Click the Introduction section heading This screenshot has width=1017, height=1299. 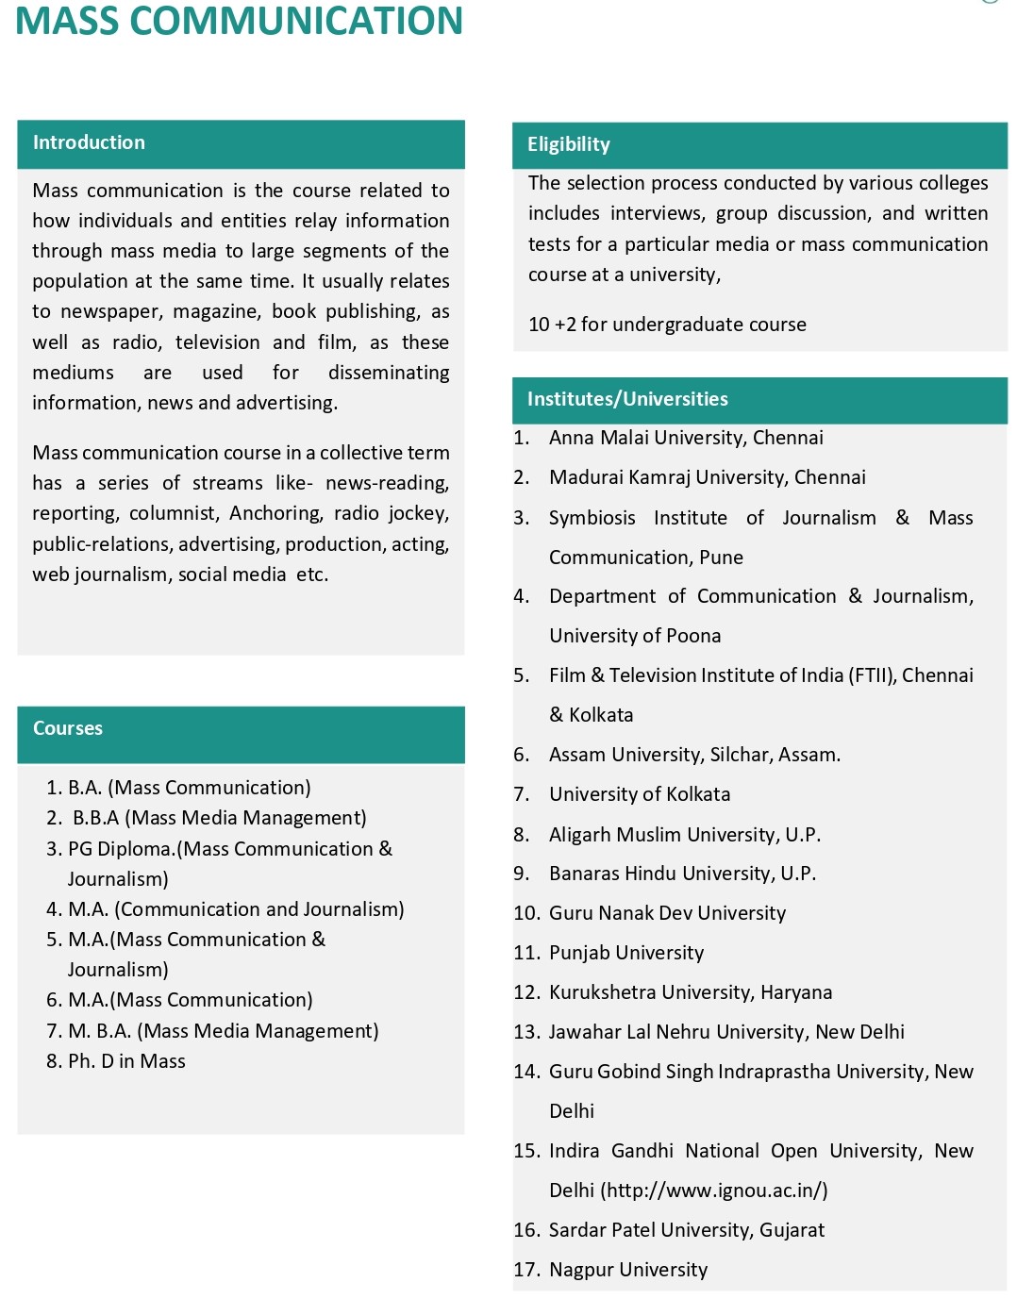[x=89, y=142]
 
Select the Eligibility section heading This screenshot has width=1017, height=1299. [x=568, y=144]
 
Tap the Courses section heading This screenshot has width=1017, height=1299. [x=67, y=728]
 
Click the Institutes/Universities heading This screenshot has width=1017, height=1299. [x=627, y=399]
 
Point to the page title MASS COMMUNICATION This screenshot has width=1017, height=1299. [x=239, y=21]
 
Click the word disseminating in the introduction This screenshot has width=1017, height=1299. [x=389, y=373]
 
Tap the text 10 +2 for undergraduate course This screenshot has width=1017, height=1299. [x=667, y=325]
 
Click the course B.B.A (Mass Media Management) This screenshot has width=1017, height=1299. [x=219, y=818]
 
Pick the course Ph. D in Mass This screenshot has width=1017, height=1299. [x=126, y=1061]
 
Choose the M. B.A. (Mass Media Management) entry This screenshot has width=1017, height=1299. [x=223, y=1031]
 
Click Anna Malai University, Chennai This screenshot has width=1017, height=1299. [x=686, y=438]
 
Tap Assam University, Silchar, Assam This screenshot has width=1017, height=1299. [x=694, y=755]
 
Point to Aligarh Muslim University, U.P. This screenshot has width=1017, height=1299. [x=685, y=835]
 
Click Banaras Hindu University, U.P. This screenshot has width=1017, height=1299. [x=682, y=874]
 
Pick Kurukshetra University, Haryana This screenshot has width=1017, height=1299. [x=691, y=992]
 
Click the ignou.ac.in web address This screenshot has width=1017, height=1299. [x=716, y=1191]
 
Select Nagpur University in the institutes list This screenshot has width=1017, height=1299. [x=628, y=1270]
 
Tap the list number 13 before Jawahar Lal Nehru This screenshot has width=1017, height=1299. [x=526, y=1032]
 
